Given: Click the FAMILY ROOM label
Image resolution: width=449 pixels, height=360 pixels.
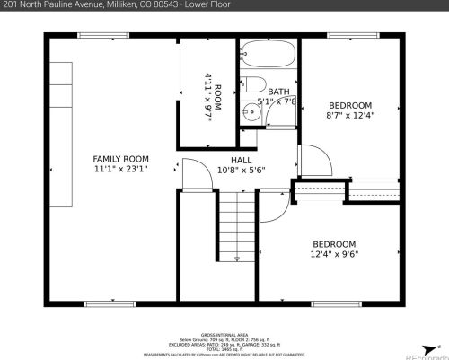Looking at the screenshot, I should pyautogui.click(x=121, y=159).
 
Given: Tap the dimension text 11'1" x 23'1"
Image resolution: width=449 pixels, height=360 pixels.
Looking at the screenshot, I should pyautogui.click(x=121, y=168).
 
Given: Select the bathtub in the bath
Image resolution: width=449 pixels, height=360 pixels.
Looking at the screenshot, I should pyautogui.click(x=268, y=56).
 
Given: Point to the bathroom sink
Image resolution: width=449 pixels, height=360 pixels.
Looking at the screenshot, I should pyautogui.click(x=250, y=114).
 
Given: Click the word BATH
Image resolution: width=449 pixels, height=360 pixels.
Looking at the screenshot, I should pyautogui.click(x=278, y=92).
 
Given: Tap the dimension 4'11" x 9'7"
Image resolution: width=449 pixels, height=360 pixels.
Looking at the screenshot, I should pyautogui.click(x=207, y=90).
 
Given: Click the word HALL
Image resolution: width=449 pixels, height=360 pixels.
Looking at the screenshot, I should pyautogui.click(x=242, y=159).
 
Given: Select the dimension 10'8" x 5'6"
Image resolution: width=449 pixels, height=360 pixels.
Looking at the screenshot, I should pyautogui.click(x=242, y=168).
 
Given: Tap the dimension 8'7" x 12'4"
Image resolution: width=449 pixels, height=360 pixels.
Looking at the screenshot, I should pyautogui.click(x=349, y=114).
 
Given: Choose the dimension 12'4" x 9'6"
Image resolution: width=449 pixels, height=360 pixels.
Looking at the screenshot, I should pyautogui.click(x=334, y=253).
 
